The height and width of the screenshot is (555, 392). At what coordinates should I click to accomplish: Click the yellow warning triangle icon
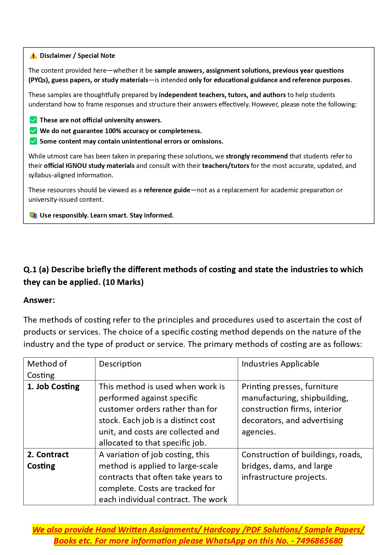33,56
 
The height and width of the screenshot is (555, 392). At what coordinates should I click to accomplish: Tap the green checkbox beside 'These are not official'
33,120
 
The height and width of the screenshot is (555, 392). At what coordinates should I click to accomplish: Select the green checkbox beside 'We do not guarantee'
33,131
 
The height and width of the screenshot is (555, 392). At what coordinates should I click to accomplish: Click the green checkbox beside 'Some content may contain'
33,141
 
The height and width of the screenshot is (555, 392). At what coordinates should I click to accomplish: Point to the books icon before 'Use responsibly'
33,215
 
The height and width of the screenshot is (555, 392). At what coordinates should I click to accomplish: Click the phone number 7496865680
319,541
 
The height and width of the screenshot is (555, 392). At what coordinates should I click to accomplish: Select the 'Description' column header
120,364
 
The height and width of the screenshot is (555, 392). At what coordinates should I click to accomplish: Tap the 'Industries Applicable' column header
280,364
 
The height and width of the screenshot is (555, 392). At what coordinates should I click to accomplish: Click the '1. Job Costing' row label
53,386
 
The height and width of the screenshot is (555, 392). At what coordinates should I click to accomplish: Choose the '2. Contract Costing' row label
48,460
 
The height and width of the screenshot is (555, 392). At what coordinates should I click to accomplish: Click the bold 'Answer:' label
39,300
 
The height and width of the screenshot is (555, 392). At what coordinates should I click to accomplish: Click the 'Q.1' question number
30,269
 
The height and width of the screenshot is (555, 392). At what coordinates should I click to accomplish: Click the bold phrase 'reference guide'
167,190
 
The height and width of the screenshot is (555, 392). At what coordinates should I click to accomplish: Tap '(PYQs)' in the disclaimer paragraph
39,80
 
